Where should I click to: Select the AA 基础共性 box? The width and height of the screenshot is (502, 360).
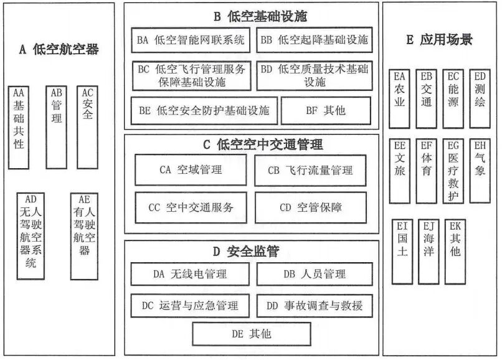coord(19,128)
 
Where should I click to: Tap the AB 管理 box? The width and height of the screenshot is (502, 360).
coord(57,128)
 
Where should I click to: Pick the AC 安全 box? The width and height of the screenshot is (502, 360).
coord(88,128)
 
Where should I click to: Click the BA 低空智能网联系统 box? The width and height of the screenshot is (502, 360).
coord(191,41)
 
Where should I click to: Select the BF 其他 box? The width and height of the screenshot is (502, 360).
coord(326,111)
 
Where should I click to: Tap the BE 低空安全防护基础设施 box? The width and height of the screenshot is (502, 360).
coord(203,111)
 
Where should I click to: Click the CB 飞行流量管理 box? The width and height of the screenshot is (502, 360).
coord(310,170)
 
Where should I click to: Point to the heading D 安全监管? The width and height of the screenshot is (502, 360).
coord(245,252)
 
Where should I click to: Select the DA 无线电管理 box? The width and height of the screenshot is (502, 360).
coord(190,274)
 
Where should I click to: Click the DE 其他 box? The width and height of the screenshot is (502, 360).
coord(251,334)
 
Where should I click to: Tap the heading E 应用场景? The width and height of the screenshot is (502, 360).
coord(439,40)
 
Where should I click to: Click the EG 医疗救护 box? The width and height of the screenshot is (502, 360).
coord(454,171)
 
